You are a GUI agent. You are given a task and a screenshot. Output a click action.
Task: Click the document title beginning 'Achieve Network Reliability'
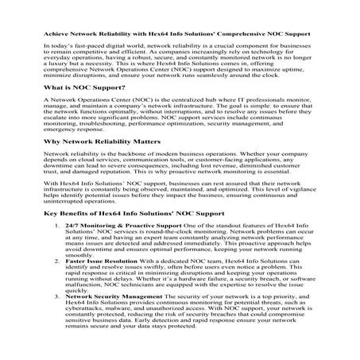[180, 35]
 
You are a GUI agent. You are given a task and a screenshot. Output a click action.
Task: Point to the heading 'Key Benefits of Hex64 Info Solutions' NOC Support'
[127, 235]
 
